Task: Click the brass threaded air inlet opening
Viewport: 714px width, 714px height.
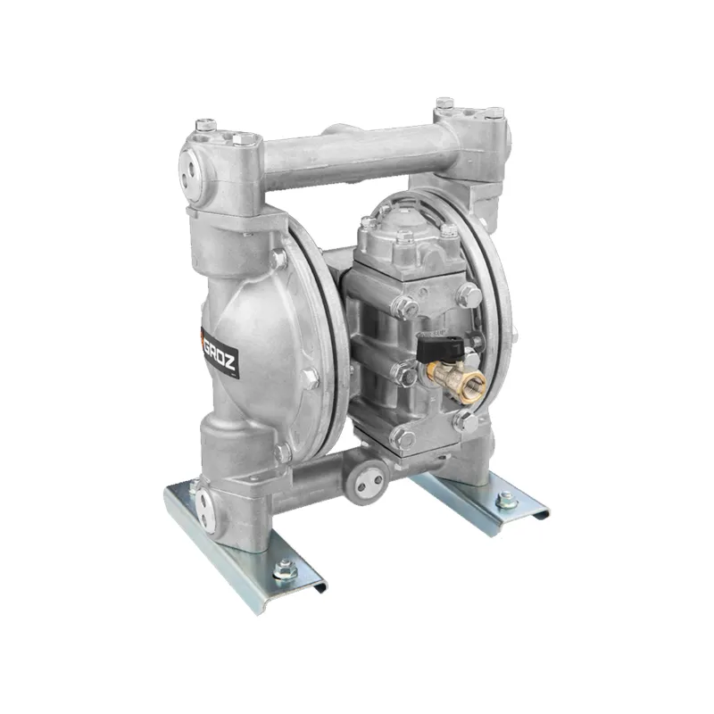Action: pos(473,383)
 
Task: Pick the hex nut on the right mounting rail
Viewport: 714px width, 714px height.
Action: pos(506,498)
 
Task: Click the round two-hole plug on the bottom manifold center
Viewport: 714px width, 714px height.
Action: pos(367,483)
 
